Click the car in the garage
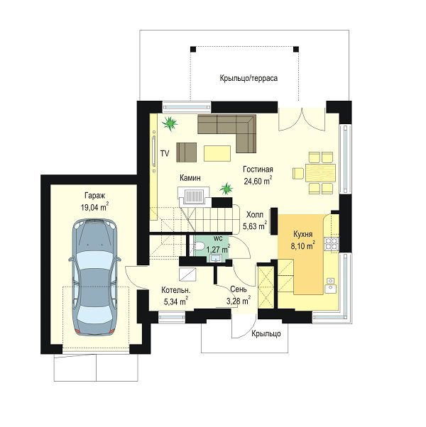click(x=94, y=277)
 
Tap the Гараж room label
click(x=94, y=196)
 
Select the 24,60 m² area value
click(x=258, y=181)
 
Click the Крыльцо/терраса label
click(x=248, y=78)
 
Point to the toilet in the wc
click(x=199, y=246)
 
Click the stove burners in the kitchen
click(x=332, y=243)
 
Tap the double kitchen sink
click(x=330, y=285)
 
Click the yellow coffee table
click(x=217, y=153)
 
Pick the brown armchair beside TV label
click(x=187, y=152)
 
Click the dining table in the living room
click(x=320, y=173)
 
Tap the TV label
click(x=165, y=154)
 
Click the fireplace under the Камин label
click(x=194, y=196)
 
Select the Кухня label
click(x=303, y=234)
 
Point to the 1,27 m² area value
click(x=218, y=249)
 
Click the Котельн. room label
click(x=176, y=290)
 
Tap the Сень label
click(x=239, y=289)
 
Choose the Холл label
click(x=255, y=215)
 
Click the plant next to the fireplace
click(x=226, y=188)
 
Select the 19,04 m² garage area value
click(x=94, y=208)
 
